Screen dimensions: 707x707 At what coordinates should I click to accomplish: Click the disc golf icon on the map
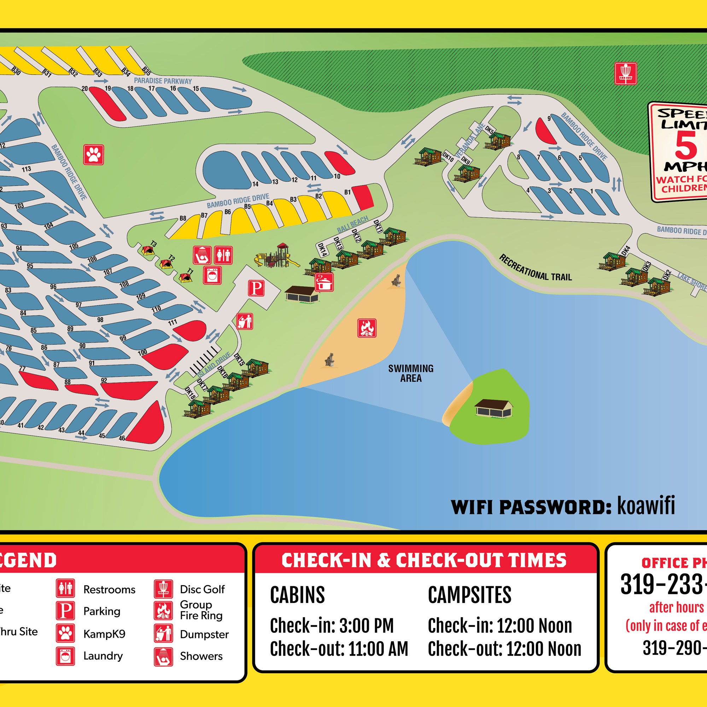point(625,74)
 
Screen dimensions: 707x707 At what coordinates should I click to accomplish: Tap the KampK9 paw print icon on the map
point(94,154)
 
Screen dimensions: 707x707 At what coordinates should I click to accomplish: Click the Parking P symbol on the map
point(256,288)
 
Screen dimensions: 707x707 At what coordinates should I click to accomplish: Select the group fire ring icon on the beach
point(367,328)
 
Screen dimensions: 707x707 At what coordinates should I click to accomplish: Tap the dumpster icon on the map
point(245,321)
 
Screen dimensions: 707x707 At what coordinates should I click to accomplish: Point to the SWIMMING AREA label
point(410,373)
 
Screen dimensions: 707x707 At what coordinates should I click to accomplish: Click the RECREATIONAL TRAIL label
point(535,268)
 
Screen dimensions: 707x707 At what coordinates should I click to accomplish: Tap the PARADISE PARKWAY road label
point(163,81)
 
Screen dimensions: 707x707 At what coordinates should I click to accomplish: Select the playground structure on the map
point(277,256)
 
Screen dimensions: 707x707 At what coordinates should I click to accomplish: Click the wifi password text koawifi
point(646,506)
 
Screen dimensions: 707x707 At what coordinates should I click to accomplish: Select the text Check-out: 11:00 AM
point(339,649)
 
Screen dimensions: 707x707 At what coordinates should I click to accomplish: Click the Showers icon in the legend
point(163,656)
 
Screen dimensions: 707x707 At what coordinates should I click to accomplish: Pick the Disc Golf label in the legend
point(202,589)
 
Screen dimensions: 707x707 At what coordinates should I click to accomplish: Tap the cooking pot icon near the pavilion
point(324,282)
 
